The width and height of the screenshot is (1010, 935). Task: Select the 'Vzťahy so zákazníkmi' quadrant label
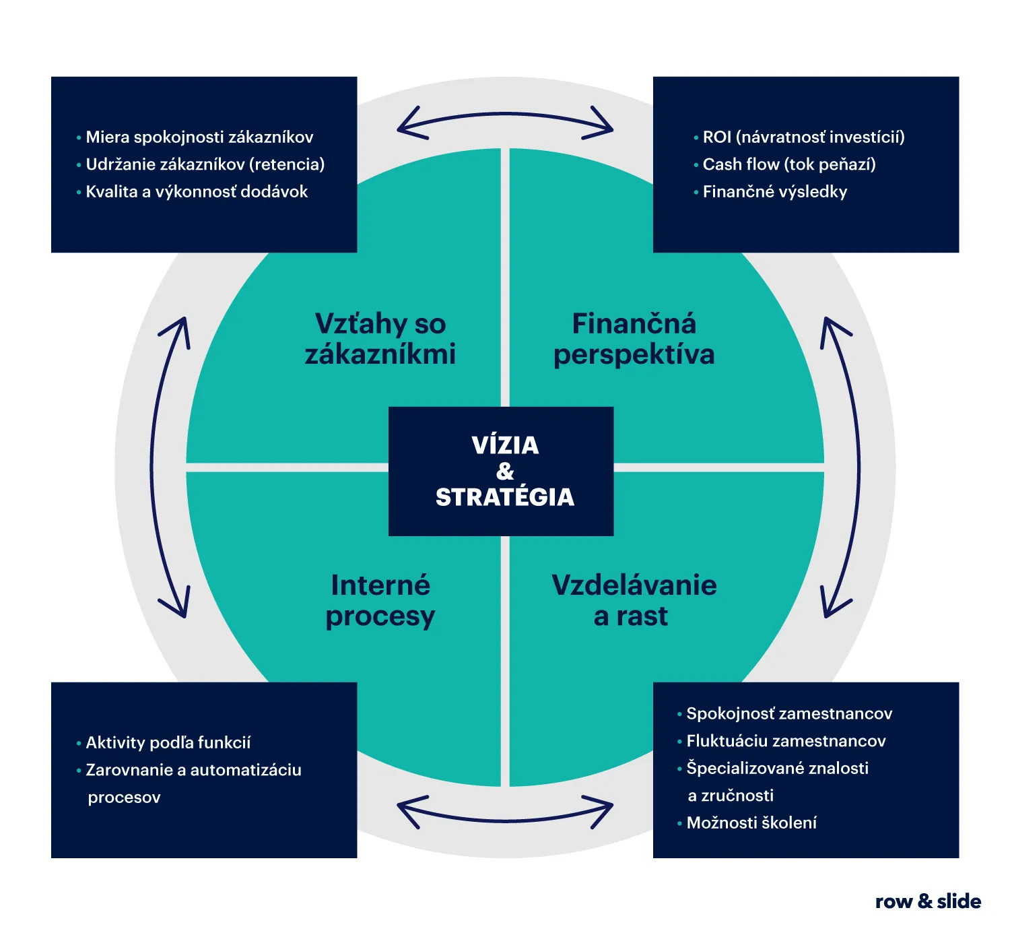pyautogui.click(x=380, y=339)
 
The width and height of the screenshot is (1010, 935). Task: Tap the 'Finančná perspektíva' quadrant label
pyautogui.click(x=634, y=339)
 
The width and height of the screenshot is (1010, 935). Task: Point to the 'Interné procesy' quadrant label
pyautogui.click(x=380, y=600)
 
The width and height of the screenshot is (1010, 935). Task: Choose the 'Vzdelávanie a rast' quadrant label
pyautogui.click(x=634, y=600)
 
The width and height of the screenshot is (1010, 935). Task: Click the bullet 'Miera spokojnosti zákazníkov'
pyautogui.click(x=199, y=137)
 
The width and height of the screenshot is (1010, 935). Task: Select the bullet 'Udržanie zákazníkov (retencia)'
pyautogui.click(x=205, y=164)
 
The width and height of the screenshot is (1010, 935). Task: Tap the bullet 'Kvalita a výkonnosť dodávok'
pyautogui.click(x=197, y=192)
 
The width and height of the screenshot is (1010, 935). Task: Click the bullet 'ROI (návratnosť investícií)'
pyautogui.click(x=803, y=137)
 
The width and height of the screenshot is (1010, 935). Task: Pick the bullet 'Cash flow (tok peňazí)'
pyautogui.click(x=789, y=164)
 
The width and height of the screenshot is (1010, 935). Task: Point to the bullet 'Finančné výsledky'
pyautogui.click(x=775, y=192)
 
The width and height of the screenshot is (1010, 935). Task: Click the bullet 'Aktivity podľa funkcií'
pyautogui.click(x=168, y=743)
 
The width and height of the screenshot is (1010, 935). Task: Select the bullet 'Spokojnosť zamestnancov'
pyautogui.click(x=789, y=714)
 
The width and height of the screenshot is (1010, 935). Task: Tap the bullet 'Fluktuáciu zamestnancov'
pyautogui.click(x=786, y=741)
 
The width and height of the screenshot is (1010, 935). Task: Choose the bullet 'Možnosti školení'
pyautogui.click(x=751, y=823)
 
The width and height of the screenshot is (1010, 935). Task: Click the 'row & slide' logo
pyautogui.click(x=928, y=901)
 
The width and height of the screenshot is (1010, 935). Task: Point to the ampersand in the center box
pyautogui.click(x=505, y=471)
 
